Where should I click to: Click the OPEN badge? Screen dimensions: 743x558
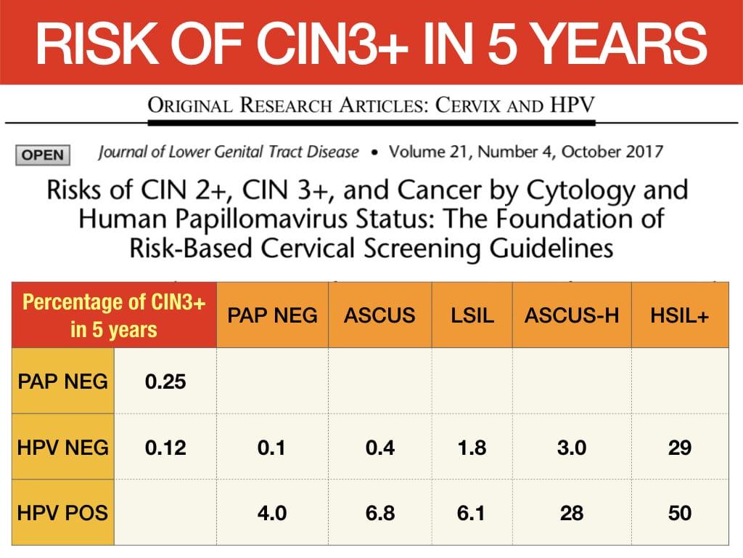[43, 155]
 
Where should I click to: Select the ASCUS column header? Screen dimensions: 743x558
[379, 315]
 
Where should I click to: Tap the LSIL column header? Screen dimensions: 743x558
[472, 315]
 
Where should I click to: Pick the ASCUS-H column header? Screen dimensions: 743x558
[572, 315]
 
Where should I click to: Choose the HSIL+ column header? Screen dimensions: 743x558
[679, 315]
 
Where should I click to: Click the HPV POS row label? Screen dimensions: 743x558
[62, 513]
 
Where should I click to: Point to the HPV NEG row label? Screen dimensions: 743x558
[62, 448]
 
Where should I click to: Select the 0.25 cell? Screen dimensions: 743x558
[165, 381]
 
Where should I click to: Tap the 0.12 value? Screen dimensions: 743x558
[165, 448]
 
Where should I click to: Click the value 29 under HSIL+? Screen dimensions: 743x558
[679, 448]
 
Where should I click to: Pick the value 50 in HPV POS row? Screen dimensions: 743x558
[679, 513]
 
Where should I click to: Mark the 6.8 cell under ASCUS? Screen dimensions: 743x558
[380, 513]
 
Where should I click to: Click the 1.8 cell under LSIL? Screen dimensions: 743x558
[472, 448]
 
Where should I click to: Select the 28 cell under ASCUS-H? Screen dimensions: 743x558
[572, 513]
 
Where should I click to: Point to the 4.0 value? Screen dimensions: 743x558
[272, 513]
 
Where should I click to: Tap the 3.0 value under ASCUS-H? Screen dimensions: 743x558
[572, 448]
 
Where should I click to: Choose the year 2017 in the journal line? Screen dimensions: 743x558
[644, 152]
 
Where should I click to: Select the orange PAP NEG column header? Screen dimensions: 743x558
[272, 315]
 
